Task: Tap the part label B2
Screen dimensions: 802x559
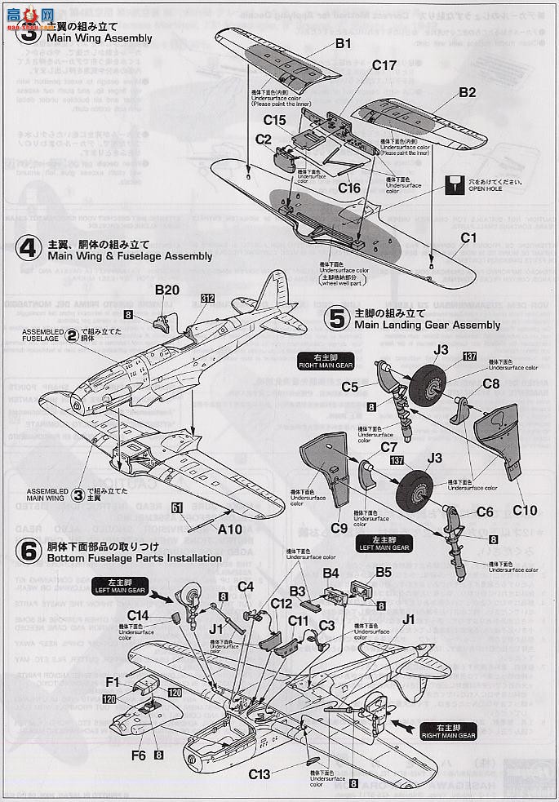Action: pyautogui.click(x=467, y=93)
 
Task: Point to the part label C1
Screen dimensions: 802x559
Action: pyautogui.click(x=468, y=238)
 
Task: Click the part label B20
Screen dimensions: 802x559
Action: pyautogui.click(x=166, y=290)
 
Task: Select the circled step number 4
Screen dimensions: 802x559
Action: pyautogui.click(x=29, y=249)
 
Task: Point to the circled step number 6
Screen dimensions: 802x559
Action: pyautogui.click(x=29, y=552)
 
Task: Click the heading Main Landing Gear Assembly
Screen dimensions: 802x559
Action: pyautogui.click(x=427, y=325)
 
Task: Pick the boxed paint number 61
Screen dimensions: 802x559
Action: pyautogui.click(x=176, y=507)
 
